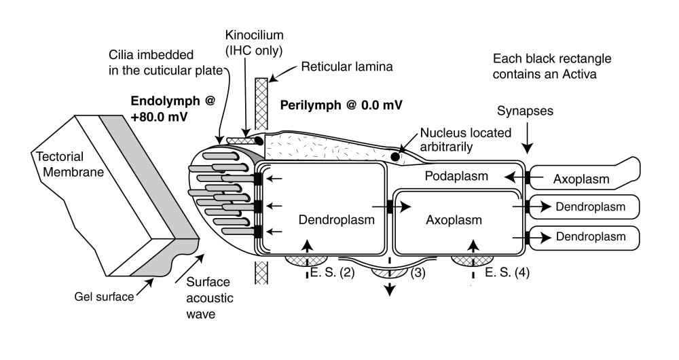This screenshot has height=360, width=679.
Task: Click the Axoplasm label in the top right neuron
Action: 582,180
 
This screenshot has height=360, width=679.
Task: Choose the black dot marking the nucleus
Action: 395,158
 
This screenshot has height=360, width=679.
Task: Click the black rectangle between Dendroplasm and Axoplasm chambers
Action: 390,206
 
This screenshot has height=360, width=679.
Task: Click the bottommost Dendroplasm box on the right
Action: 586,237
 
